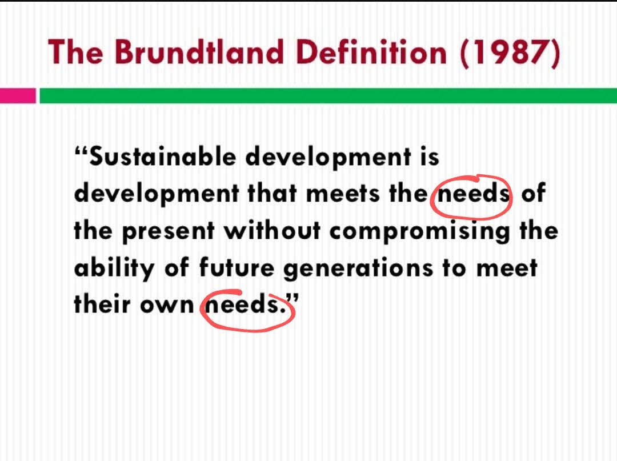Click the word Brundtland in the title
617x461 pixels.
click(199, 52)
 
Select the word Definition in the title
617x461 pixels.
click(374, 52)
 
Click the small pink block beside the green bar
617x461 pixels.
click(18, 95)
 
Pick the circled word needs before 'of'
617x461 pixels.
click(472, 194)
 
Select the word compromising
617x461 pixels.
click(420, 231)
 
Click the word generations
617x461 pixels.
click(358, 268)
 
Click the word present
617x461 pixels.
click(169, 231)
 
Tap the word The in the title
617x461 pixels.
click(75, 52)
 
